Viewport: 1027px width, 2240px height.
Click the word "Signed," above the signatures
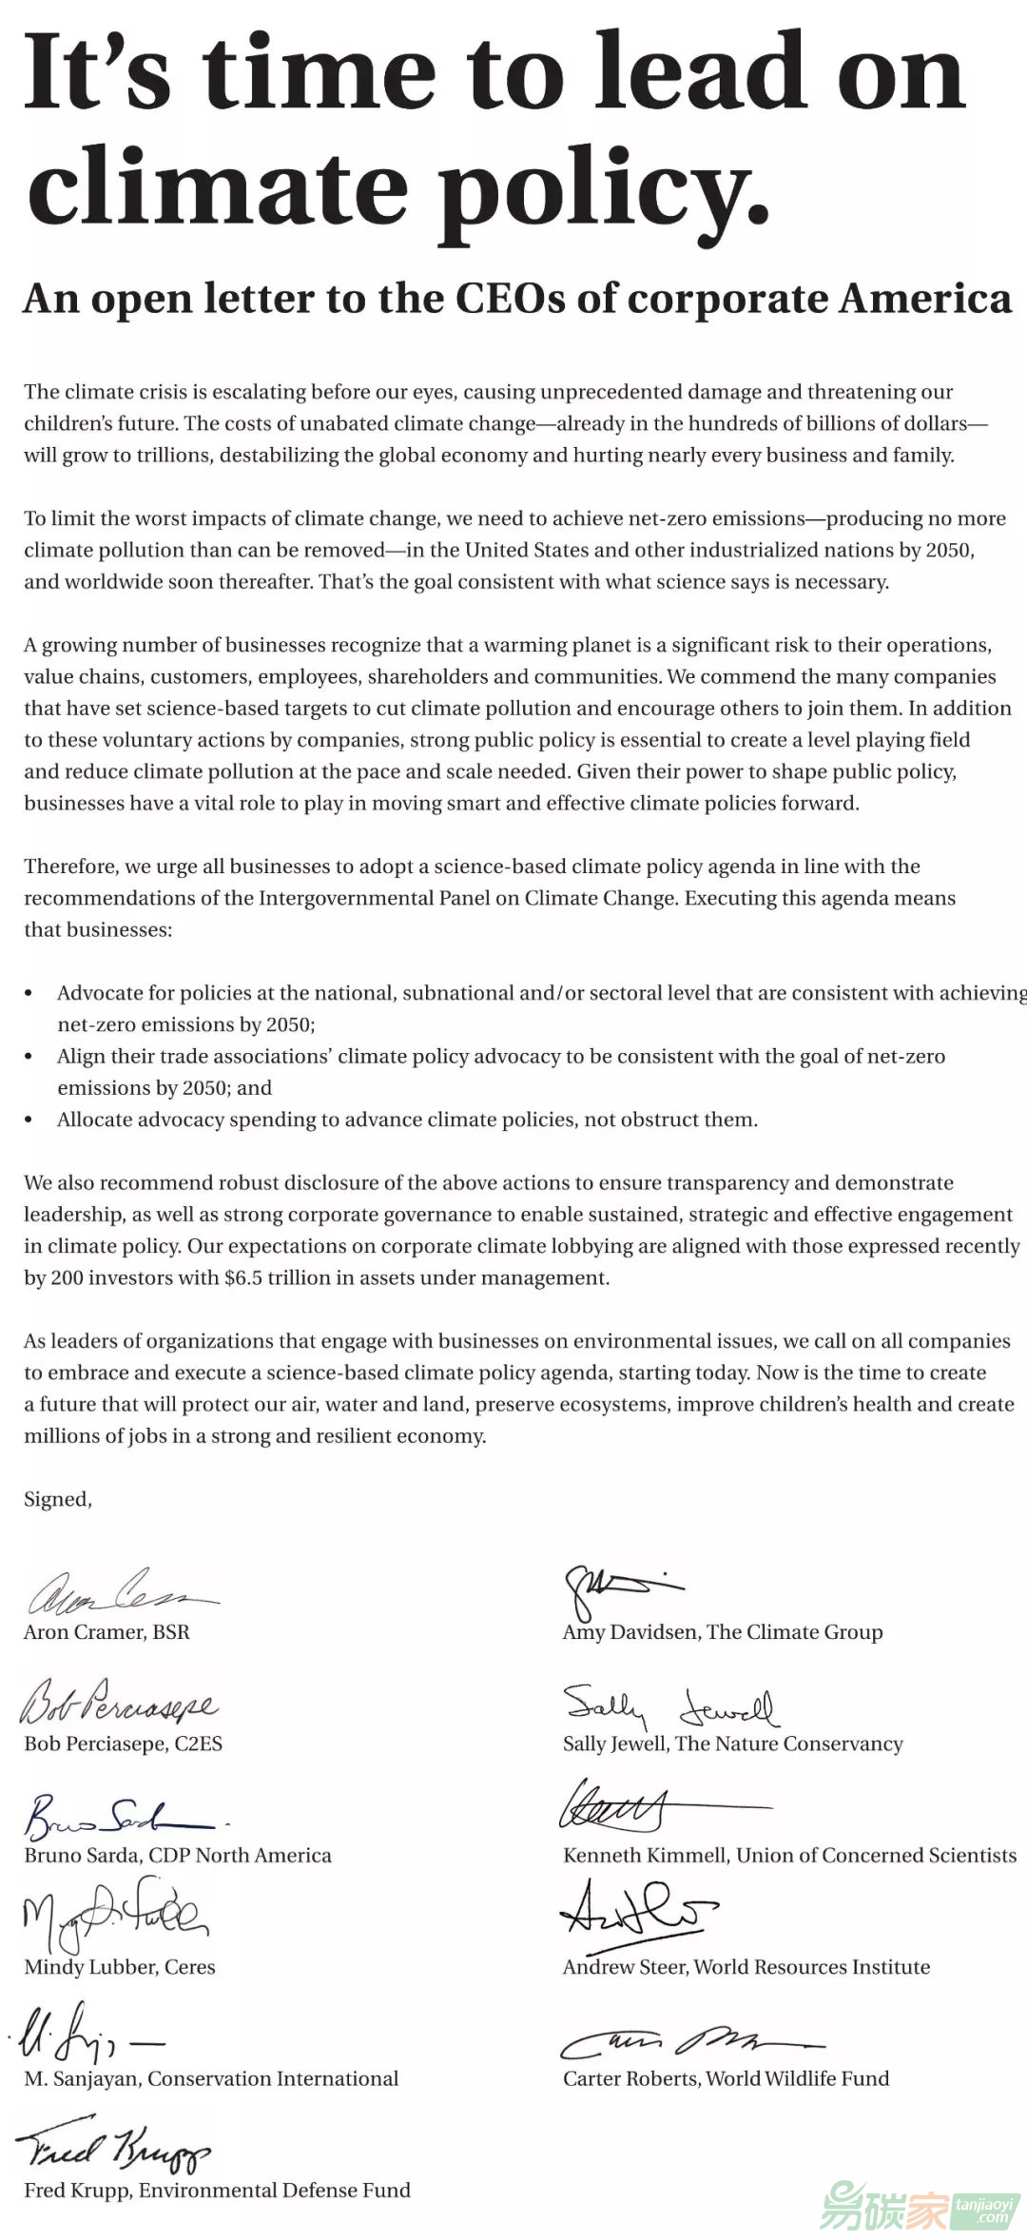tap(58, 1499)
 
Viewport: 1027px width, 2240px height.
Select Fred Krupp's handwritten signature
tap(114, 2150)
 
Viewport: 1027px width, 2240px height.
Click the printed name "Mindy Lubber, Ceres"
tap(120, 1966)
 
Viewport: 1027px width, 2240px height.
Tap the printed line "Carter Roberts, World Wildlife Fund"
tap(726, 2077)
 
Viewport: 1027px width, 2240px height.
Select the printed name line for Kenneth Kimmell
tap(789, 1855)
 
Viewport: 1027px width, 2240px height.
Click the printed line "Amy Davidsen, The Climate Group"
tap(723, 1632)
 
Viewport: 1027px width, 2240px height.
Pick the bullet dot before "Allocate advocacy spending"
tap(29, 1120)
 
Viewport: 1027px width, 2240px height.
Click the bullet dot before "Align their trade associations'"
tap(29, 1057)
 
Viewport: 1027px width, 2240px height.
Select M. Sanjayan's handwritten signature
tap(86, 2035)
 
